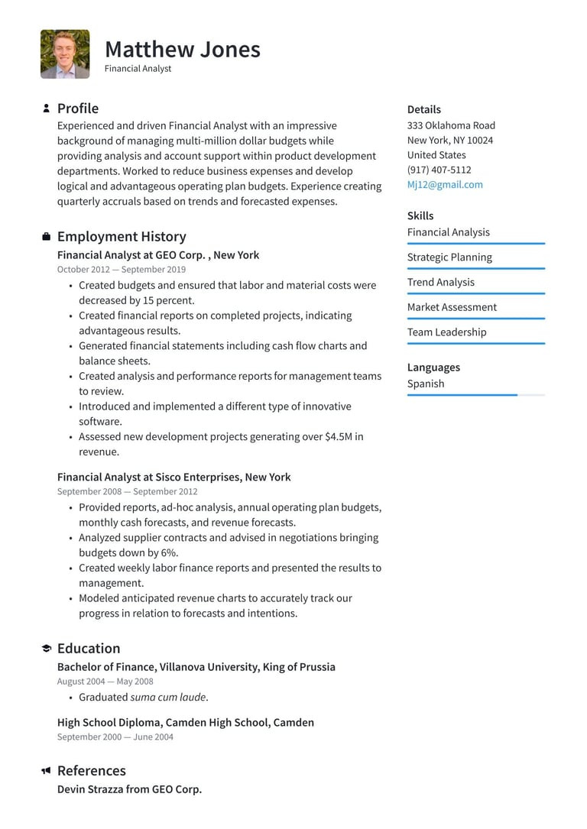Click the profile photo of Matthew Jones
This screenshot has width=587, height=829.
(65, 54)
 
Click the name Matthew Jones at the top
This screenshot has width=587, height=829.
(182, 50)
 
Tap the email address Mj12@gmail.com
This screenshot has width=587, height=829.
(445, 185)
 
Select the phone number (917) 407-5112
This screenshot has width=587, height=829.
(439, 170)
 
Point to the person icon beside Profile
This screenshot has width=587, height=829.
(46, 108)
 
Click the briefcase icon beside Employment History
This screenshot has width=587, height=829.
(46, 237)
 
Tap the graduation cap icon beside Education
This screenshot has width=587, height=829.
(46, 649)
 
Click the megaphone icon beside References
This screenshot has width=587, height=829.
(46, 771)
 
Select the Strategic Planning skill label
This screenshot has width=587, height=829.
(449, 257)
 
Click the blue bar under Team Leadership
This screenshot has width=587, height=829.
(475, 344)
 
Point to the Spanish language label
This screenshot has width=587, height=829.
(425, 384)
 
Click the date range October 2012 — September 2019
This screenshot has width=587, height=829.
(121, 270)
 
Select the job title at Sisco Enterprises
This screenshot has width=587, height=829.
(174, 477)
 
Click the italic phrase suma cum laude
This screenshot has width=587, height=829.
(169, 697)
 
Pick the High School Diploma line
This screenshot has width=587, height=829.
(185, 722)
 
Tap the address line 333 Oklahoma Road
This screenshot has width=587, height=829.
(451, 125)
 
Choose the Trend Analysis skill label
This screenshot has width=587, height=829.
(440, 282)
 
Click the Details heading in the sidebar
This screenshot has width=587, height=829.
(423, 109)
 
